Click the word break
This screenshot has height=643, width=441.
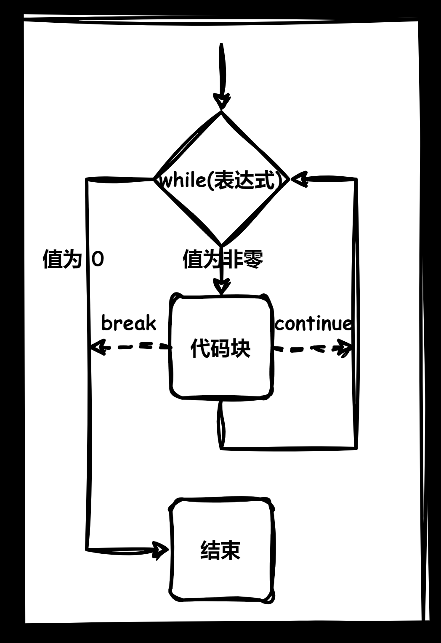129,323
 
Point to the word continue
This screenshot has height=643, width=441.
313,324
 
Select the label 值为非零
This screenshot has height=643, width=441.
223,259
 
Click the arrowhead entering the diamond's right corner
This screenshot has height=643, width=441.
298,180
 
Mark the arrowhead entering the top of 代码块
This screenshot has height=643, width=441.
222,288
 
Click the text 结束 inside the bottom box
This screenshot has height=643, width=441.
220,550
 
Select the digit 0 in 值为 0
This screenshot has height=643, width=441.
98,259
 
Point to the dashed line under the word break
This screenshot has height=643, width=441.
135,347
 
